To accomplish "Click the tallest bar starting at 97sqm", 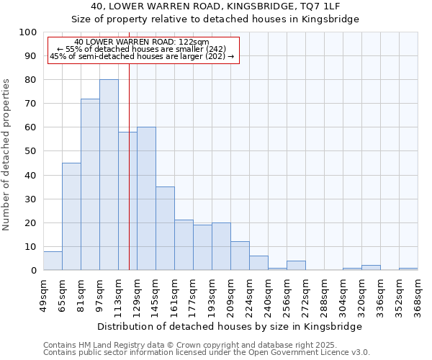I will point(109,175).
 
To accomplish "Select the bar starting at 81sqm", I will point(90,184).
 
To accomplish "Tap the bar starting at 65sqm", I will point(71,216).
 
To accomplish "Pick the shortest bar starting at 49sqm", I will point(53,261).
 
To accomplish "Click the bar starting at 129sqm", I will point(146,199).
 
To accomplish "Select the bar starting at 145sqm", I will point(165,228).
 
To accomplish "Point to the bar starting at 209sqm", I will point(240,256).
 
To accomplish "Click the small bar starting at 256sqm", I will point(296,266).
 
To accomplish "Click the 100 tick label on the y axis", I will point(28,32).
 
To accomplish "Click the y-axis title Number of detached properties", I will point(6,155).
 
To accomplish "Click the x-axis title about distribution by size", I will point(230,326).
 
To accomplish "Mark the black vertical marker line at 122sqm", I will point(129,180).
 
